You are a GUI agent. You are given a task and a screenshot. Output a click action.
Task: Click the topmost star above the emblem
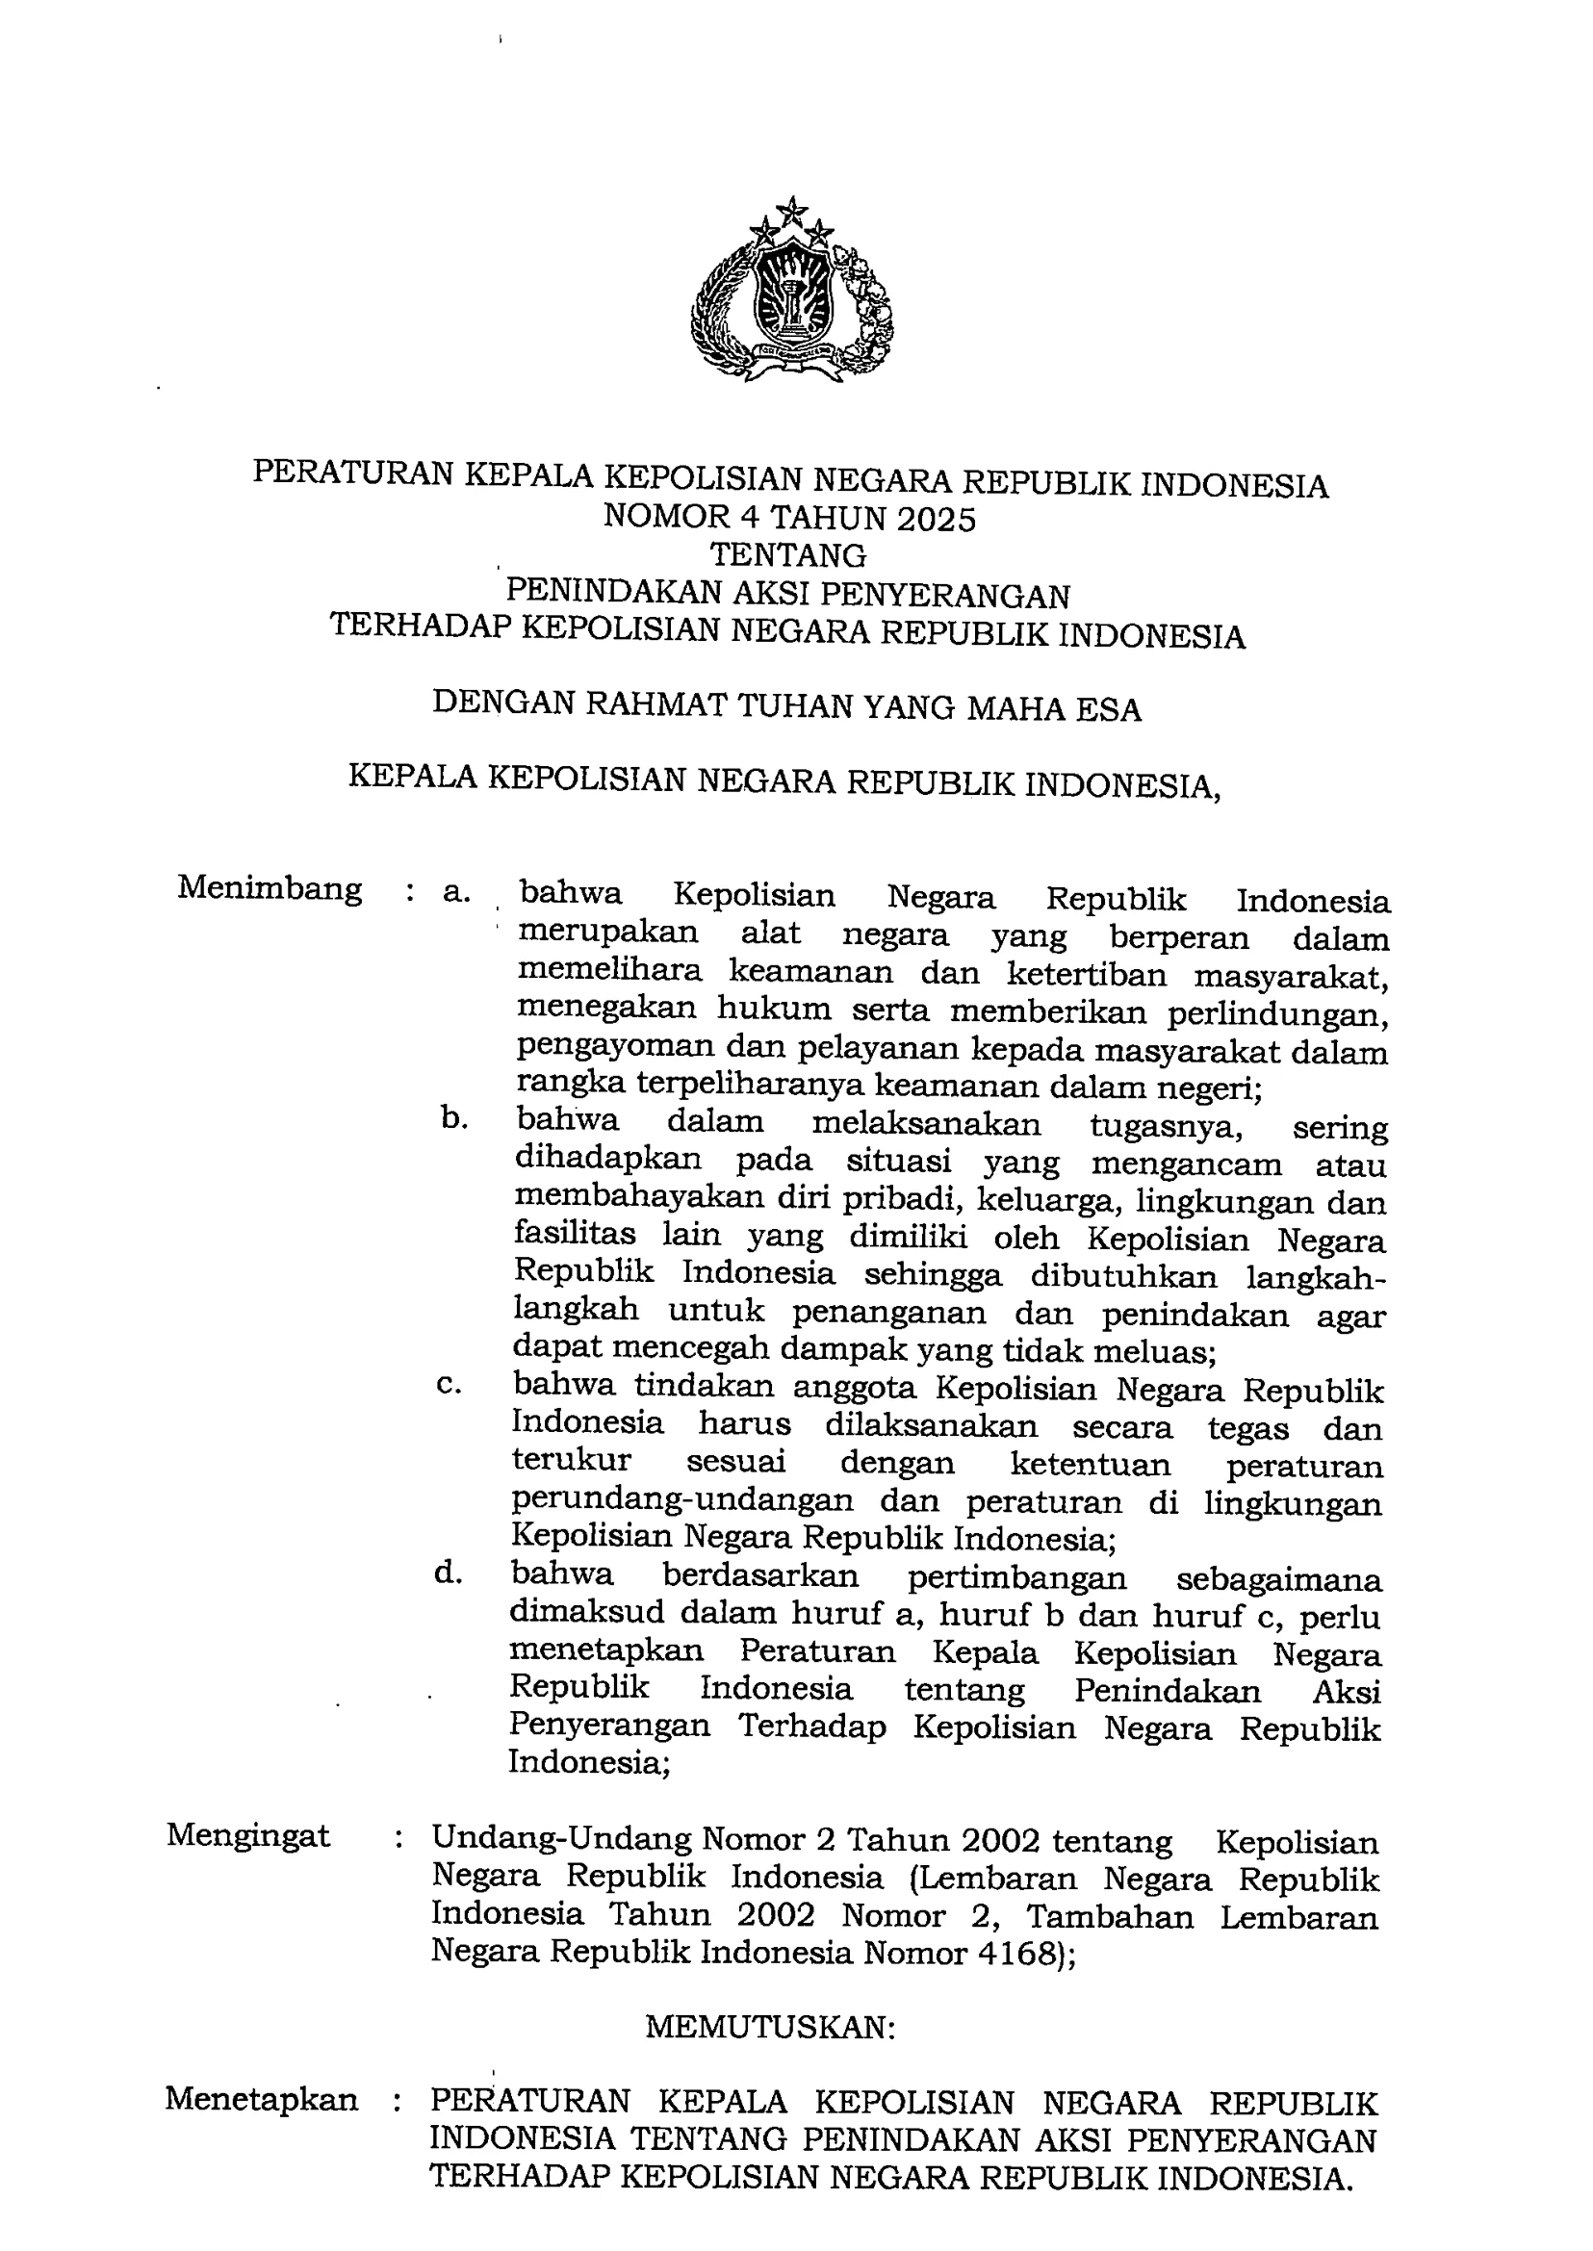[790, 209]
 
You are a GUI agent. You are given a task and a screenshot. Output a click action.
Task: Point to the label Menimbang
[270, 889]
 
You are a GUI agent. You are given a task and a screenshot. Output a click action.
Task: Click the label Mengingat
[248, 1835]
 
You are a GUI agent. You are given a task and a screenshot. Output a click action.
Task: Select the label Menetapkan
[261, 2099]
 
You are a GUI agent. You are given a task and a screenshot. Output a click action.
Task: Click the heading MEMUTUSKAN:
[770, 2019]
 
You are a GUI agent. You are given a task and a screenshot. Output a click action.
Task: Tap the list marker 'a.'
[456, 891]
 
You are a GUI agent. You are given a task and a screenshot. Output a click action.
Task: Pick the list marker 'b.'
[453, 1118]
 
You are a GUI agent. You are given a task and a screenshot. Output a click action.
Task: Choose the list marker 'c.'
[450, 1386]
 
